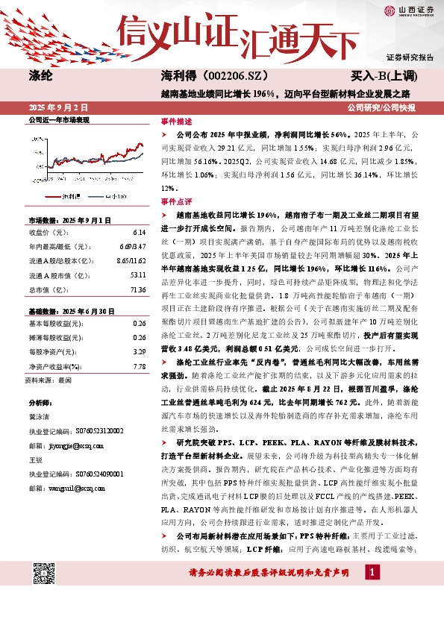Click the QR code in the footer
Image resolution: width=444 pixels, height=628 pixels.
click(x=45, y=574)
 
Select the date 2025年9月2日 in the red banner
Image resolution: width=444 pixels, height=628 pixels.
click(x=58, y=107)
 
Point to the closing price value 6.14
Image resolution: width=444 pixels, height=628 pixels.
click(x=140, y=232)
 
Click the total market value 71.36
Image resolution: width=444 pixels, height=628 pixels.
click(x=137, y=288)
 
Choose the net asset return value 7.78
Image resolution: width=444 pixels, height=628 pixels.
click(x=140, y=366)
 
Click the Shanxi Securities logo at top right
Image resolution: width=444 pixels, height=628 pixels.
click(x=407, y=10)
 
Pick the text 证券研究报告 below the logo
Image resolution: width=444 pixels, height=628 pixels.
click(x=410, y=57)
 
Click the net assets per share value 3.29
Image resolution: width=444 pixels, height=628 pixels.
click(x=140, y=352)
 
